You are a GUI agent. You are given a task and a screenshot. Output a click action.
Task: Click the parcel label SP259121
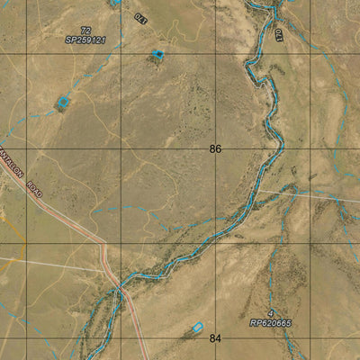click(85, 40)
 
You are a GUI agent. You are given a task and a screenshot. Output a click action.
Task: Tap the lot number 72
click(85, 31)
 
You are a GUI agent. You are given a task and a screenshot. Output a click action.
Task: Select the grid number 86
click(215, 149)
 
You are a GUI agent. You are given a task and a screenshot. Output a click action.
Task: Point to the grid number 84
click(215, 338)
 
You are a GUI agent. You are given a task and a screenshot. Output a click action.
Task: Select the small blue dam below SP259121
click(158, 55)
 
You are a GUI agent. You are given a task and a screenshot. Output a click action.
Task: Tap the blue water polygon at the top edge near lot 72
click(115, 3)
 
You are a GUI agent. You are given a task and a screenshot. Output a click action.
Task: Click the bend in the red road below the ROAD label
click(103, 244)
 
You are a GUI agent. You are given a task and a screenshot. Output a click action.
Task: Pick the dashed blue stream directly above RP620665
click(274, 270)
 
